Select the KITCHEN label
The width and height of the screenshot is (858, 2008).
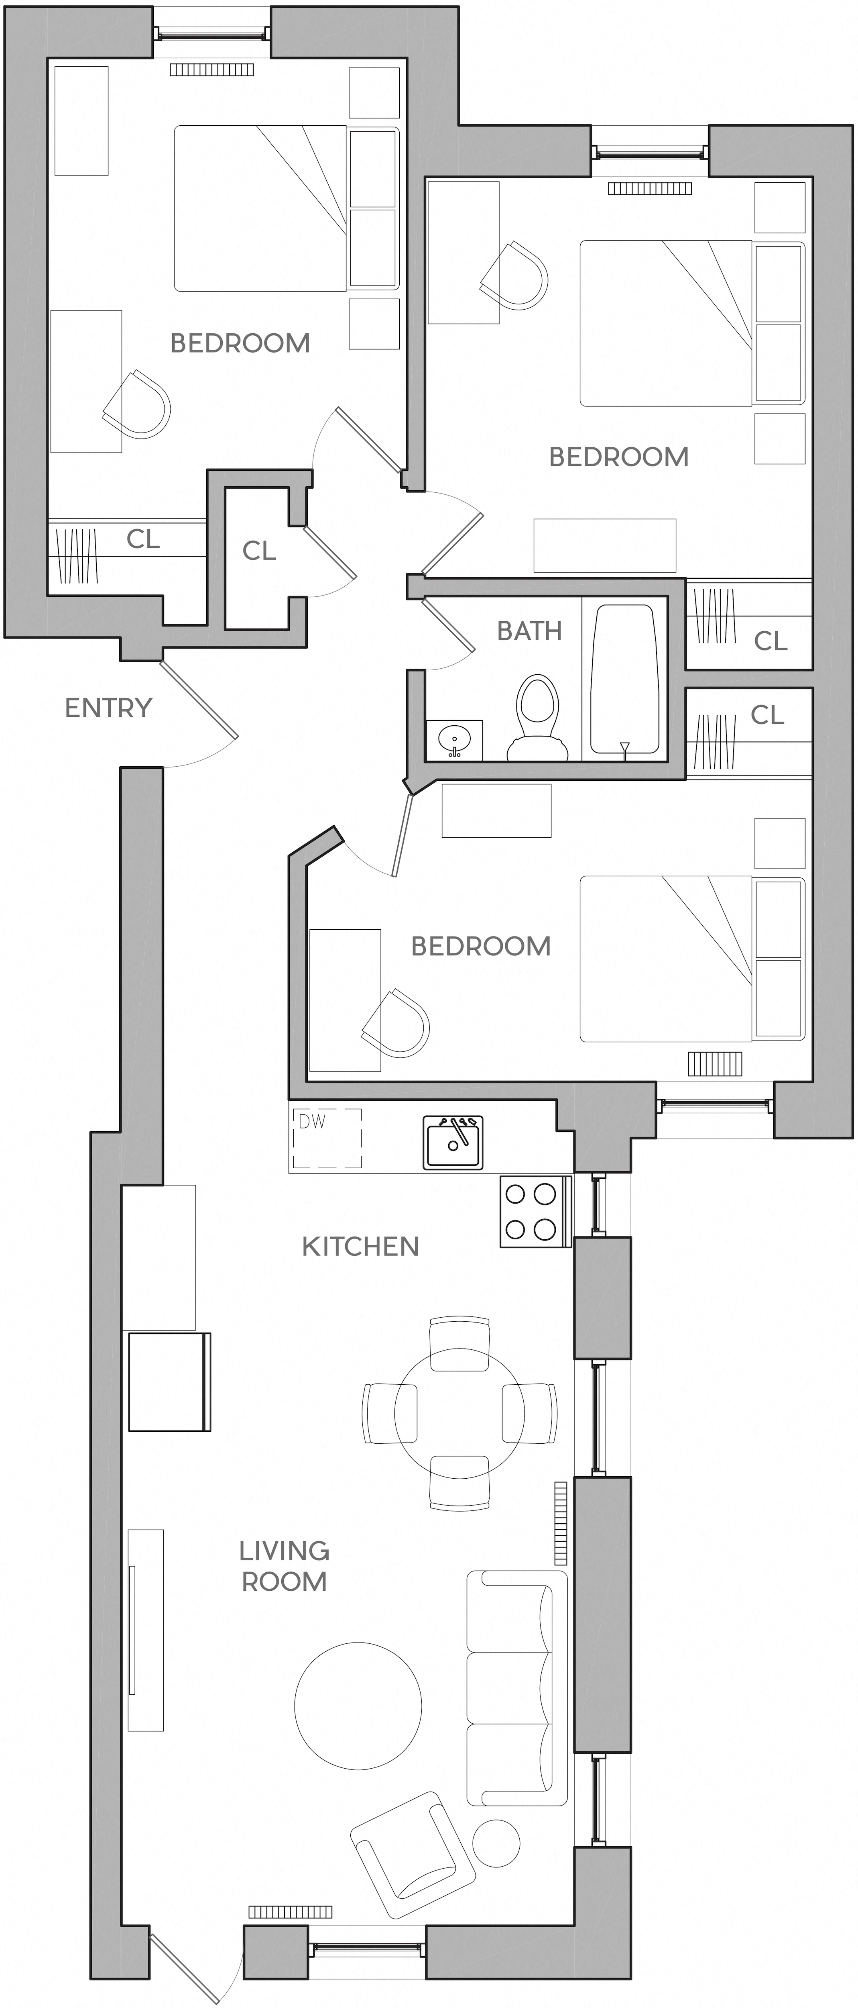pyautogui.click(x=360, y=1247)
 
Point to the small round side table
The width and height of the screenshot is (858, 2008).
pyautogui.click(x=496, y=1843)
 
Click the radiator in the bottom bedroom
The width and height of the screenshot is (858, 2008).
pyautogui.click(x=715, y=1063)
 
